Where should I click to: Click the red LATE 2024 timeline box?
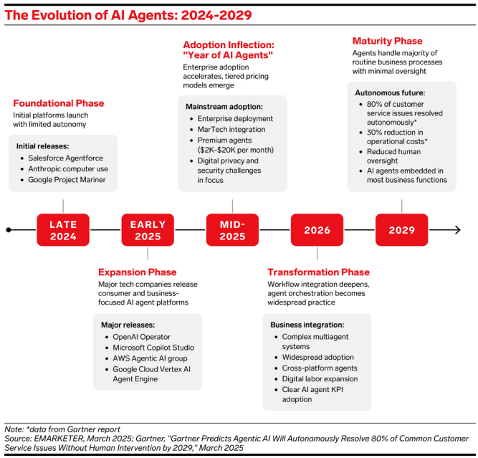coord(63,230)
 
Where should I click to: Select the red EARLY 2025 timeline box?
coord(148,230)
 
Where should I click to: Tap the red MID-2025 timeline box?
coord(232,230)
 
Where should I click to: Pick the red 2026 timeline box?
coord(317,230)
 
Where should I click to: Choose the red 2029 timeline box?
coord(401,230)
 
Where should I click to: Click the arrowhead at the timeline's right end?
coord(456,230)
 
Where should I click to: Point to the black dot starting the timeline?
coord(9,230)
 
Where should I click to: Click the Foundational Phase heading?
coord(58,103)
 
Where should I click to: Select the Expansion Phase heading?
coord(137,272)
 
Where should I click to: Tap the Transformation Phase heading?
coord(318,272)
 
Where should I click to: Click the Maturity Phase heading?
coord(387,41)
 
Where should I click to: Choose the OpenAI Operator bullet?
coord(142,336)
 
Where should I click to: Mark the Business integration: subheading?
coord(307,324)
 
